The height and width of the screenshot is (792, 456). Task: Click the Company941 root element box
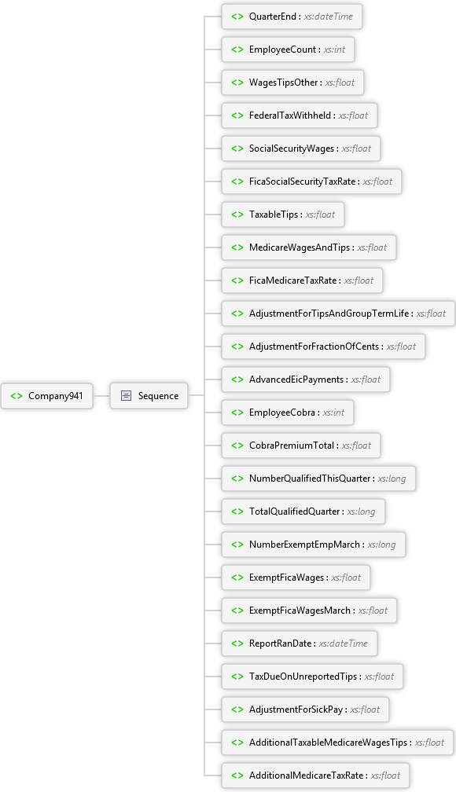coord(47,396)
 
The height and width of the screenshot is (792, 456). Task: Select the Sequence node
coord(149,396)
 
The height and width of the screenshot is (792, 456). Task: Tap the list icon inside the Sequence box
coord(126,396)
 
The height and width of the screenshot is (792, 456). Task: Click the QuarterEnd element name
coord(273,16)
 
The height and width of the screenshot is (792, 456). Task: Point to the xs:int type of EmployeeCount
coord(335,49)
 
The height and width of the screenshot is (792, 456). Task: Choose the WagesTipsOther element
coord(292,82)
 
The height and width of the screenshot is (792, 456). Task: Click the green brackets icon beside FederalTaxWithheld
coord(237,115)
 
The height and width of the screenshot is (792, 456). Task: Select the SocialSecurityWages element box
coord(301,148)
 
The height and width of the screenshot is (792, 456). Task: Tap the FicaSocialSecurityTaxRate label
coord(303,181)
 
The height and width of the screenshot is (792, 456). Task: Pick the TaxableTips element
coord(282,214)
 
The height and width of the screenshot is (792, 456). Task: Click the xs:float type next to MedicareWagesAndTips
coord(372,247)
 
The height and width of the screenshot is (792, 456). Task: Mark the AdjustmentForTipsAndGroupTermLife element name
coord(329,313)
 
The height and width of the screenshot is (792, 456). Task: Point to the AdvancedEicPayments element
coord(306,379)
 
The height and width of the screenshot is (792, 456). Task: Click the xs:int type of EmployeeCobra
coord(333,412)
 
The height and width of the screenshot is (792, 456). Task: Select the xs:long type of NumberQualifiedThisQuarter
coord(392,478)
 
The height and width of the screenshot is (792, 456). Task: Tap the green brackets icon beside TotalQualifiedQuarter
coord(237,511)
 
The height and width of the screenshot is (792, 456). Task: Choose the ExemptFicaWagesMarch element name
coord(300,610)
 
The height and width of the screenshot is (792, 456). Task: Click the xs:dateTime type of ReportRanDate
coord(344,643)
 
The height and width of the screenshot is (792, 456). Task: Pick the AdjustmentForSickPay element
coord(305,709)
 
